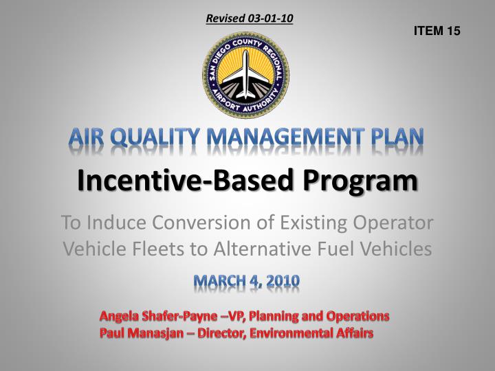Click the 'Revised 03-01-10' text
[250, 19]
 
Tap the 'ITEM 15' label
[437, 32]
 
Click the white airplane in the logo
[245, 71]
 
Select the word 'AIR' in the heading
[88, 139]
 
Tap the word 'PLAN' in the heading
[399, 139]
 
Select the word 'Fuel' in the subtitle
[353, 249]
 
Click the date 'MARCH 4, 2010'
[247, 282]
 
